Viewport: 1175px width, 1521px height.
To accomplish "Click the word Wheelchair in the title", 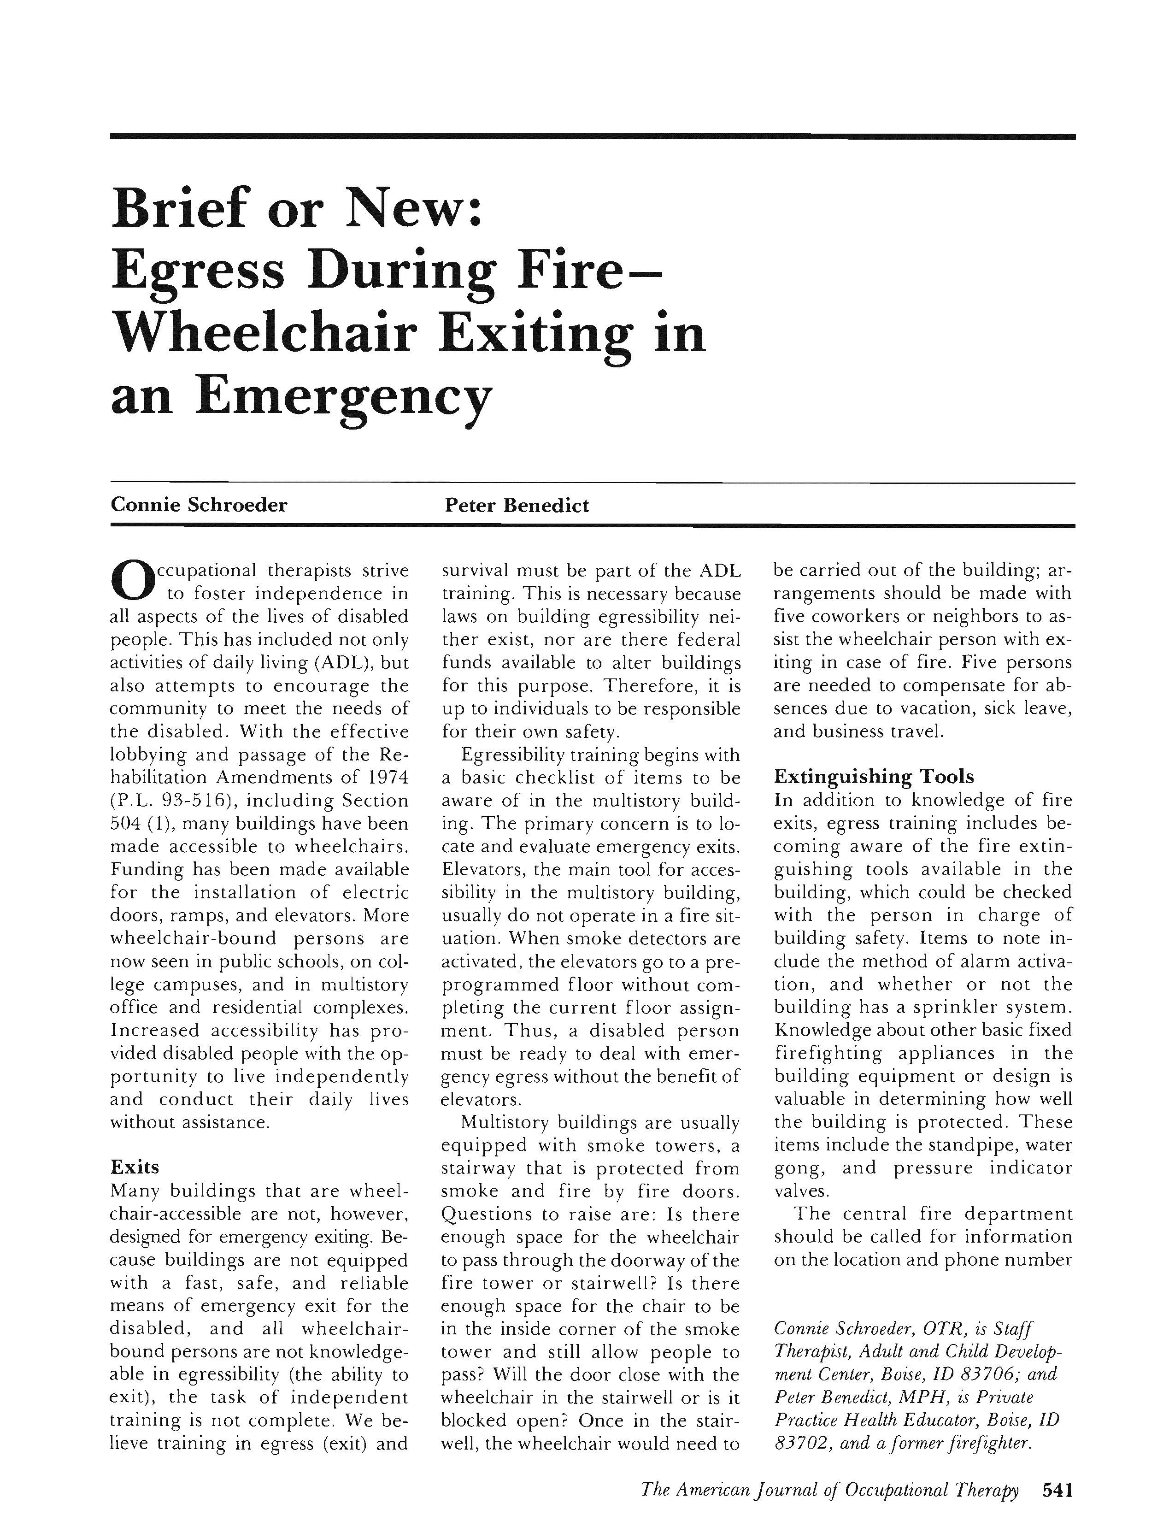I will pos(264,333).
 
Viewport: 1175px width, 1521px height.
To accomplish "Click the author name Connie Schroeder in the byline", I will pos(199,505).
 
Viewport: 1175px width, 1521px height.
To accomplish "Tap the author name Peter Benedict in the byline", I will pos(517,505).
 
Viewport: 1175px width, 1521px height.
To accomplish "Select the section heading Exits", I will pos(135,1167).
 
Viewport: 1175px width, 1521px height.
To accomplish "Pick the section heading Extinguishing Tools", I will pos(874,777).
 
